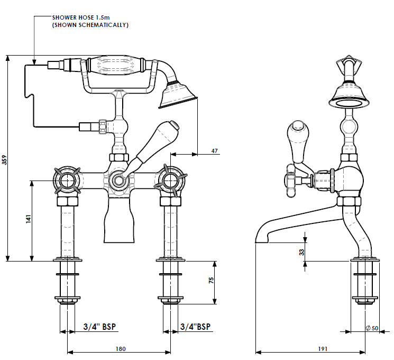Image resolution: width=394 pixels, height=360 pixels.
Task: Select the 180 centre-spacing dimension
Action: (x=120, y=348)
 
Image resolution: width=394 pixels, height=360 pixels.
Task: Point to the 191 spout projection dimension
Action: (x=323, y=348)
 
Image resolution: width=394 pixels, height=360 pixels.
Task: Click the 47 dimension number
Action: (x=215, y=151)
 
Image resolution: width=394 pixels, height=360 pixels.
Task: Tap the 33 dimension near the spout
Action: (x=302, y=252)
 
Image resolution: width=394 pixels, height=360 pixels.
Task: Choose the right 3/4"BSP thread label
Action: (x=195, y=327)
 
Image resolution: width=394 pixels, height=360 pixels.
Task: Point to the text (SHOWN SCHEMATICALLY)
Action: (x=90, y=25)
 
